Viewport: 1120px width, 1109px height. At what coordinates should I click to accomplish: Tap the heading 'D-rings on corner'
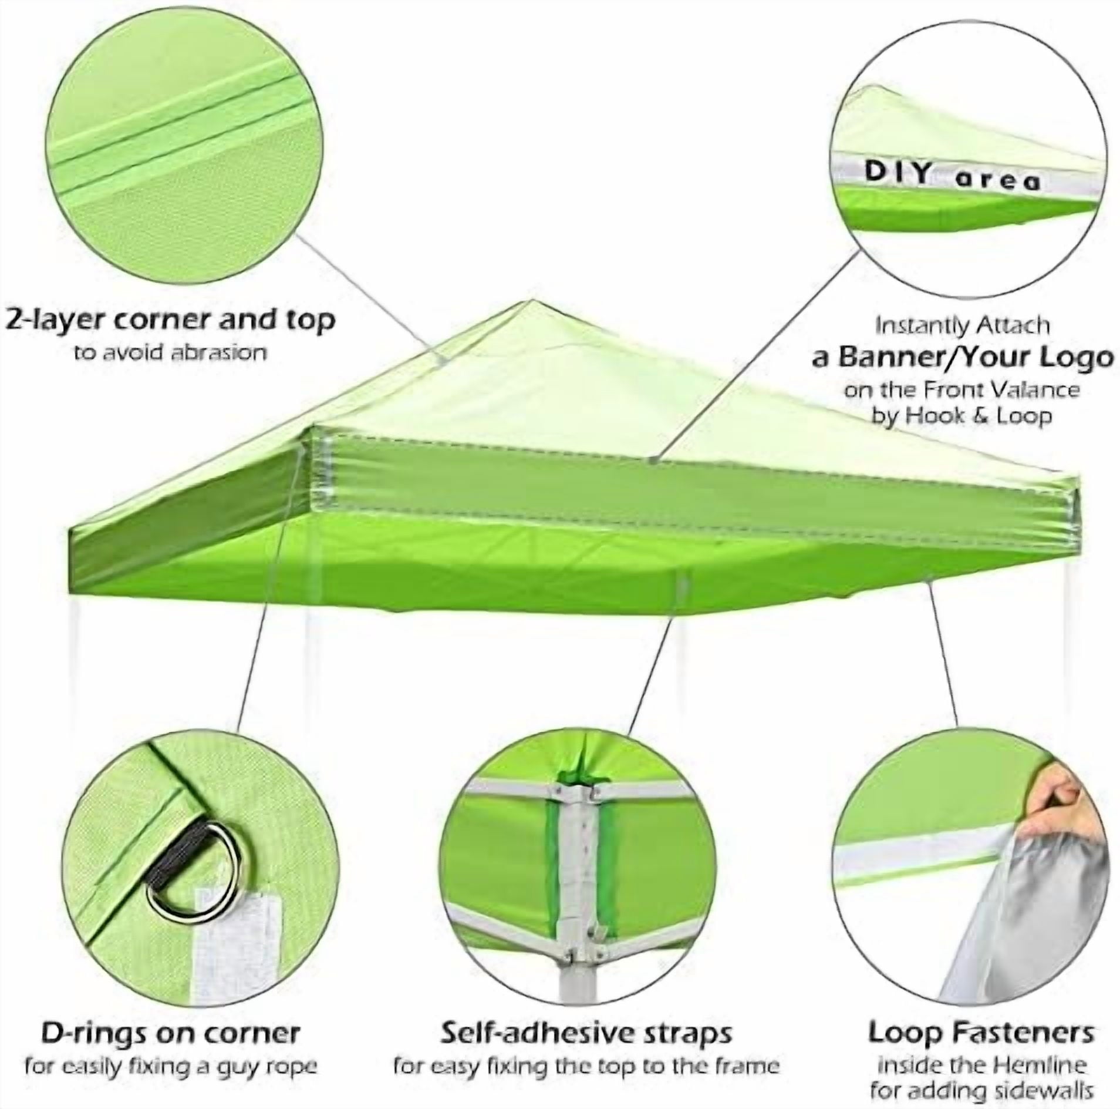tap(170, 1016)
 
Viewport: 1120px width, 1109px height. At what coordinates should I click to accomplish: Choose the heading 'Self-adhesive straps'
tap(586, 1016)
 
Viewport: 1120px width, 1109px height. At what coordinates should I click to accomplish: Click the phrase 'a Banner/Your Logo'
tap(963, 357)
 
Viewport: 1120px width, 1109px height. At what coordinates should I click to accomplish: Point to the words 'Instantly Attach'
tap(962, 325)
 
